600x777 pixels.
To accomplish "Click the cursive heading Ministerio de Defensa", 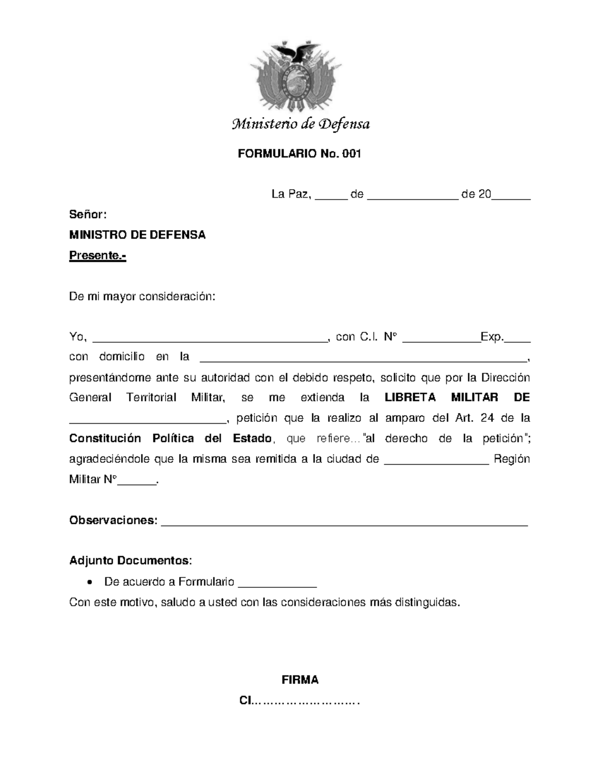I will coord(300,124).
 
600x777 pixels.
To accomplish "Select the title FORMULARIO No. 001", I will coord(299,154).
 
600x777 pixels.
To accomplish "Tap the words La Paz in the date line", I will coord(291,194).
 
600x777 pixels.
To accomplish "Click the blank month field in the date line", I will coord(412,195).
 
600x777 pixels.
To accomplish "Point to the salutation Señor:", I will coord(87,215).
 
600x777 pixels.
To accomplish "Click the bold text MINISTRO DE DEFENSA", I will coord(137,235).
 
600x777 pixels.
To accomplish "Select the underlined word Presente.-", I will coord(97,256).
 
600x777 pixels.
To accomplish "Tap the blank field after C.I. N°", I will coord(440,338).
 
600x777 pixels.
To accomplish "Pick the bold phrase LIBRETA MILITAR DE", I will coord(457,398).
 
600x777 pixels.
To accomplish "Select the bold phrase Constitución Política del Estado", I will coord(170,439).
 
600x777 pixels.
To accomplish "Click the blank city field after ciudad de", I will coord(436,460).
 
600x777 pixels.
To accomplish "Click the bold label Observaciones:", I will coord(113,520).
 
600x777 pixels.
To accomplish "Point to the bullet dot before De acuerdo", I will coord(89,582).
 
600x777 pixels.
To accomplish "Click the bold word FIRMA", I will coord(300,680).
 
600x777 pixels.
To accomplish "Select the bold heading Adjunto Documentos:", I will coord(130,560).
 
